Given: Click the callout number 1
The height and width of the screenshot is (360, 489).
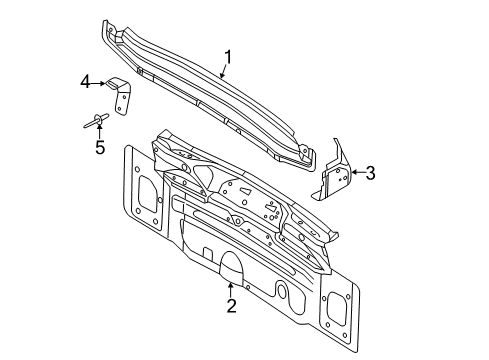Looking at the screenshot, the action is pos(228,57).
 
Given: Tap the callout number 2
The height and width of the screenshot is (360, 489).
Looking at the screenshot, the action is pos(231,306).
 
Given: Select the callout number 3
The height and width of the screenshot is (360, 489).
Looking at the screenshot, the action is pos(370,173).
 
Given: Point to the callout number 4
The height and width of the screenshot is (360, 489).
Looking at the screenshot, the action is pos(85,82).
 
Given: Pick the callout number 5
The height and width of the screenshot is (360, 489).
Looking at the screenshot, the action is pos(100,147).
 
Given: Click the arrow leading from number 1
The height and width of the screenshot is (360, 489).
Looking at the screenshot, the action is pos(224,71).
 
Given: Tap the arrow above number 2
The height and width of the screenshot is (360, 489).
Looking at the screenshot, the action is pos(231,290).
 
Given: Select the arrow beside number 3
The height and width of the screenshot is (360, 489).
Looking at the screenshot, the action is pos(358,172).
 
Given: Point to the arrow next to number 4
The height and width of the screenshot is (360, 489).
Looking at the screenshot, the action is pos(98,83).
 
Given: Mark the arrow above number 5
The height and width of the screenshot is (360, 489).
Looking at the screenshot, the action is pos(99,130).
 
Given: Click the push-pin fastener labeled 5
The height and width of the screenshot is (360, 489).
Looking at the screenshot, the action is pos(96,120).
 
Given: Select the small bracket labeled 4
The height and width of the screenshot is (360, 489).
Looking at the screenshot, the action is pos(119,96).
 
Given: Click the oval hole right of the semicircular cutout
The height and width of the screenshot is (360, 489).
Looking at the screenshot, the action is pos(282,289).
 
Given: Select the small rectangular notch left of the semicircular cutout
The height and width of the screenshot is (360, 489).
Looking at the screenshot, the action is pos(208,253).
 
